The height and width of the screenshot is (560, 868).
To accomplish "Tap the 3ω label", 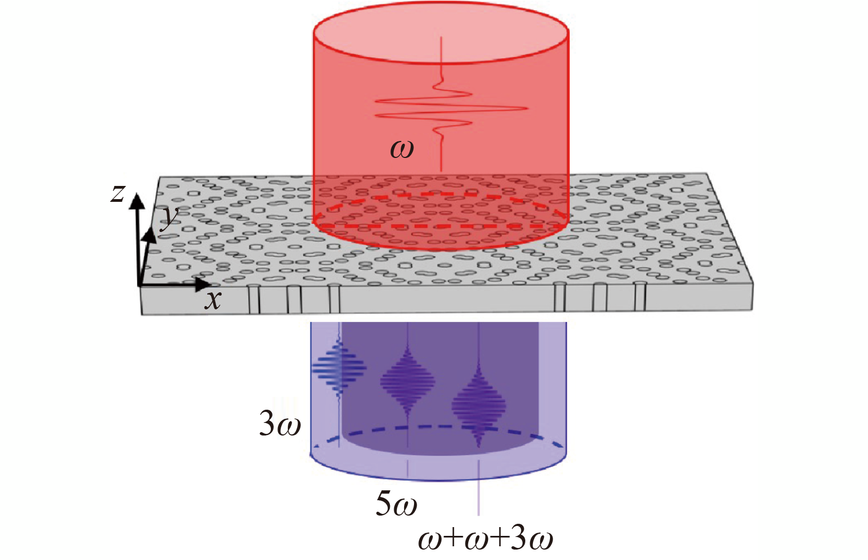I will (x=280, y=424).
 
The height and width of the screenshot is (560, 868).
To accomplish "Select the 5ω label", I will (x=396, y=504).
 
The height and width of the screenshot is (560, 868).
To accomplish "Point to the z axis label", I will (x=118, y=193).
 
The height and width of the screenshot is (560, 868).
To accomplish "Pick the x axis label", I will (x=213, y=299).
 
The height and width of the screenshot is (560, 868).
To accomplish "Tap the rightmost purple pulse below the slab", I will (x=479, y=405).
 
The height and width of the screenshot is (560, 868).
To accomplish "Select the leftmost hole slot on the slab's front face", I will (x=253, y=299).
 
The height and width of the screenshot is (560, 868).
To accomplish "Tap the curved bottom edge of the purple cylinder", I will (x=439, y=480).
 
